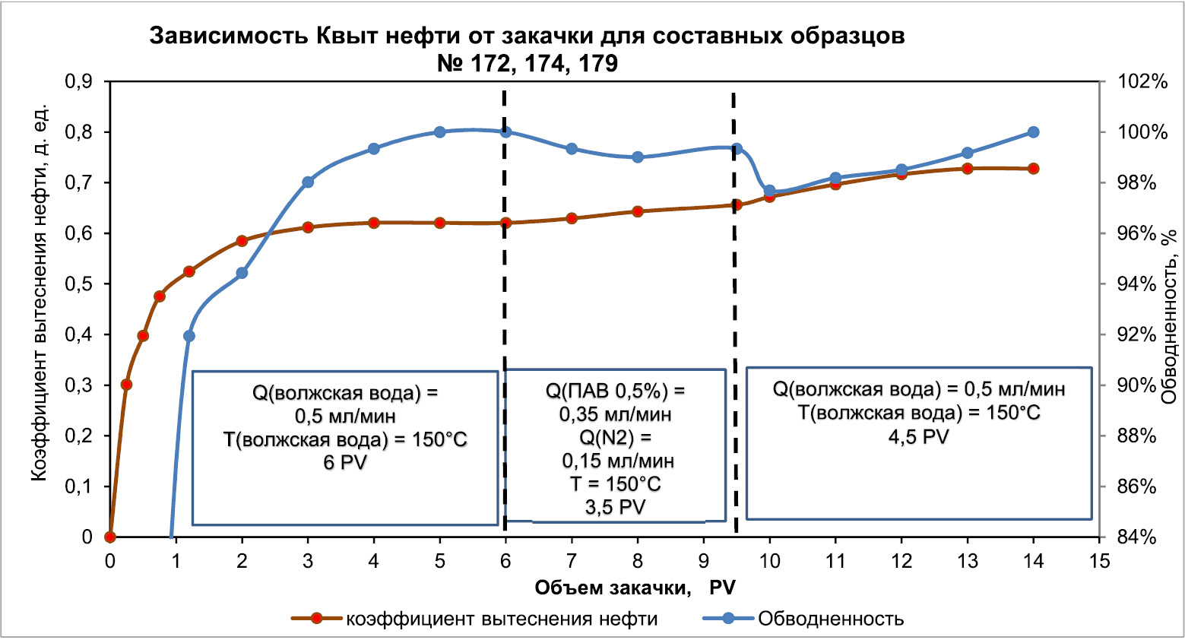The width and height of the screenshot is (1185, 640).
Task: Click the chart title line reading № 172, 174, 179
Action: tap(528, 63)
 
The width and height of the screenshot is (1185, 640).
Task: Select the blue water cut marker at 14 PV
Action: tap(1033, 132)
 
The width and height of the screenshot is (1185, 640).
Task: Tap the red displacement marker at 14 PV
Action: tap(1033, 169)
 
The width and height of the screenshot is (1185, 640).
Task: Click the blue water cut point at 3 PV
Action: tap(308, 182)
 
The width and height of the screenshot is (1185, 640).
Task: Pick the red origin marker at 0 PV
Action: tap(110, 537)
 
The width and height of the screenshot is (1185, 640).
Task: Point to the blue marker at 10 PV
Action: tap(769, 191)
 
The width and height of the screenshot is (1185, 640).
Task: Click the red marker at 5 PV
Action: tap(439, 223)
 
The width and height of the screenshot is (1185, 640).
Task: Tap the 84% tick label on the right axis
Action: tap(1138, 537)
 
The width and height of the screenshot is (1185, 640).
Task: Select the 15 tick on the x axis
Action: tap(1099, 562)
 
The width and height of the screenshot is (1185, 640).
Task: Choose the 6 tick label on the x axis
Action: tap(505, 562)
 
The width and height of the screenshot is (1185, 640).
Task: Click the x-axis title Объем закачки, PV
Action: tap(635, 588)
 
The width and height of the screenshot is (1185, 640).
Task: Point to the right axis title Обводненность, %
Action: tap(1171, 316)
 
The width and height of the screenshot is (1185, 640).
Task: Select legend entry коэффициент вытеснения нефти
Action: tap(502, 619)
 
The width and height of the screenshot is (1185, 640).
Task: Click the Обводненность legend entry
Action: tap(830, 619)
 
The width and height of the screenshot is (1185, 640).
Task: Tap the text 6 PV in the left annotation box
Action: tap(345, 462)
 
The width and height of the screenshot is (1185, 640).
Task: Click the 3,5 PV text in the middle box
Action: tap(615, 507)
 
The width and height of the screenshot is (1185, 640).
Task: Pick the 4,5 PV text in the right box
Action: tap(918, 437)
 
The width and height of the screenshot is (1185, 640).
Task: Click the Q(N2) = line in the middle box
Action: tap(615, 438)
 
